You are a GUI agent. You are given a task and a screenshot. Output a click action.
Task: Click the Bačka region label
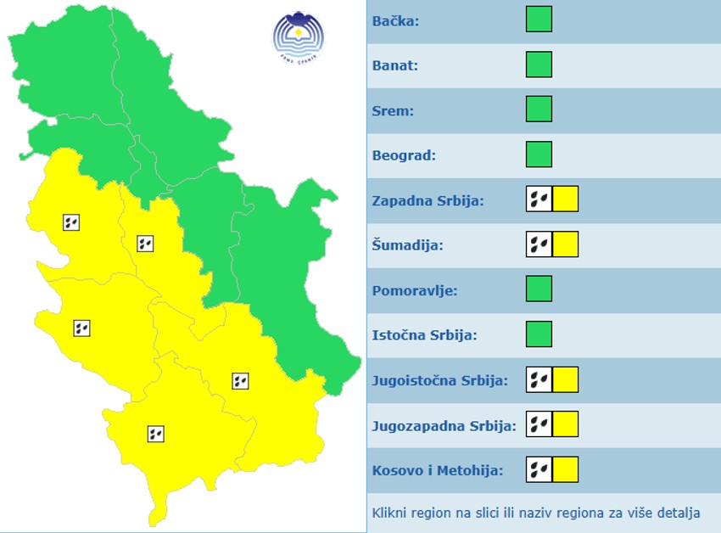pyautogui.click(x=395, y=20)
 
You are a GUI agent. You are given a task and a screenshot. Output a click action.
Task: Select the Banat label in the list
pyautogui.click(x=395, y=65)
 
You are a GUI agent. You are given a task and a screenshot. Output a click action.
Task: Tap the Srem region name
pyautogui.click(x=393, y=110)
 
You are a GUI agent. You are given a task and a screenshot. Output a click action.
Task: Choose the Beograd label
pyautogui.click(x=404, y=155)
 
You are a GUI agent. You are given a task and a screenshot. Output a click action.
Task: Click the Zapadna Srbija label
pyautogui.click(x=428, y=200)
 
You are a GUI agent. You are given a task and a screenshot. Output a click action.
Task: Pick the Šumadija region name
pyautogui.click(x=408, y=245)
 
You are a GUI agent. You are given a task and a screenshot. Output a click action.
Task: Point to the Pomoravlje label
pyautogui.click(x=415, y=290)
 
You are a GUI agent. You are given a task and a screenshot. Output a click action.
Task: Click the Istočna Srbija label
pyautogui.click(x=424, y=335)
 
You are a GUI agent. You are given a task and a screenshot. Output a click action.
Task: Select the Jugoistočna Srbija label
pyautogui.click(x=439, y=380)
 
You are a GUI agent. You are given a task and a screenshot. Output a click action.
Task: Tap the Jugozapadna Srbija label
pyautogui.click(x=444, y=425)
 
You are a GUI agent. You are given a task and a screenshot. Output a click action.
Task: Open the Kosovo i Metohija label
pyautogui.click(x=437, y=470)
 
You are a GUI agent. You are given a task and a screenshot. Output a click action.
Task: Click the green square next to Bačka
pyautogui.click(x=539, y=20)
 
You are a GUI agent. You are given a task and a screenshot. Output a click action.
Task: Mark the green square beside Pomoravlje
pyautogui.click(x=539, y=289)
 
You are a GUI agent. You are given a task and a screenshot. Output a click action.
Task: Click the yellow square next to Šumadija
pyautogui.click(x=565, y=244)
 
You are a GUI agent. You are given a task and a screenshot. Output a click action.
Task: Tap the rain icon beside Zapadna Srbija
pyautogui.click(x=539, y=199)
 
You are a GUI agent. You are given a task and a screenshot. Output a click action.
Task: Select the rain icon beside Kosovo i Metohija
pyautogui.click(x=539, y=469)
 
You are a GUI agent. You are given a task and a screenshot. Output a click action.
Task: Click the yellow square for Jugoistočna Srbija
pyautogui.click(x=565, y=379)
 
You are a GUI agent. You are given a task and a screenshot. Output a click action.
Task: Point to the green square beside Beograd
pyautogui.click(x=539, y=154)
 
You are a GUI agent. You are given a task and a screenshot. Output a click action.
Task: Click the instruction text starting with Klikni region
pyautogui.click(x=536, y=513)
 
